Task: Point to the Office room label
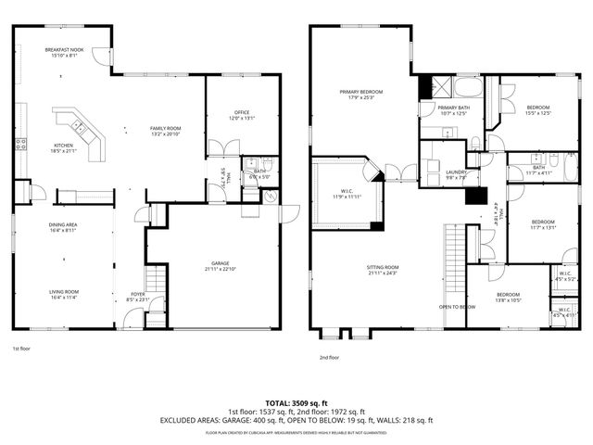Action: click(x=241, y=115)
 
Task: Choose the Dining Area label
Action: click(x=63, y=227)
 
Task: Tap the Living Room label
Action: click(x=63, y=296)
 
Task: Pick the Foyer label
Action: click(x=137, y=298)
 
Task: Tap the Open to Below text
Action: click(x=457, y=307)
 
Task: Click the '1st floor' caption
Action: click(x=21, y=349)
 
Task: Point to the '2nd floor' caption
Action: click(x=329, y=357)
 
